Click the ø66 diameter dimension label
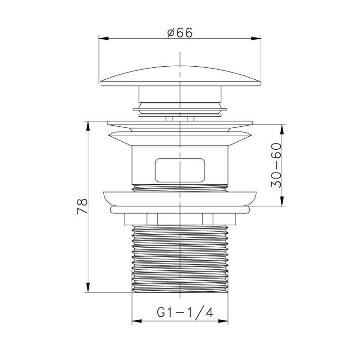tap(180, 33)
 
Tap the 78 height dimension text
tap(83, 206)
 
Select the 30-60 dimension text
tap(276, 165)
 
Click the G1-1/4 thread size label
tap(185, 312)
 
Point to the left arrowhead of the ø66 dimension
tap(104, 38)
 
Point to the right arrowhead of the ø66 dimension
tap(256, 38)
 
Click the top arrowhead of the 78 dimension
tap(88, 126)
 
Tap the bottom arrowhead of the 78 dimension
tap(88, 287)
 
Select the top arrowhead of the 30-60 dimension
tap(282, 130)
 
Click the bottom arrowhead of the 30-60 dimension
tap(282, 201)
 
